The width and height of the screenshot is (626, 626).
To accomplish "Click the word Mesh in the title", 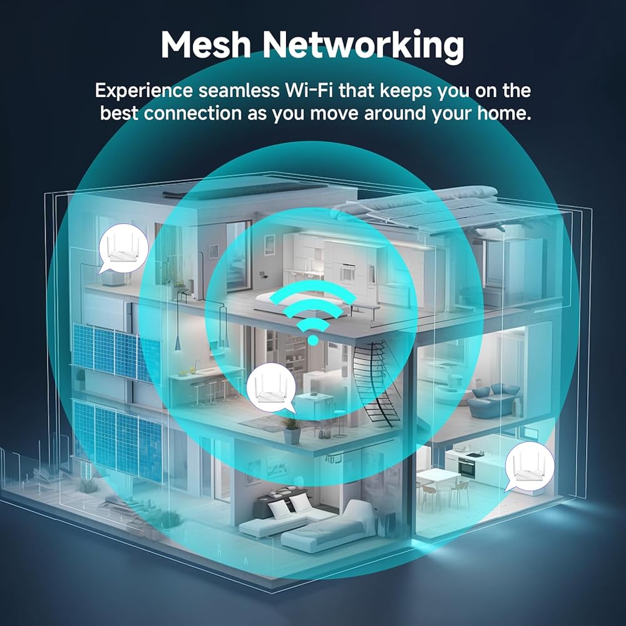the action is click(205, 44).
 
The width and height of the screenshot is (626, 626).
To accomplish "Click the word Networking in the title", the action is click(363, 46).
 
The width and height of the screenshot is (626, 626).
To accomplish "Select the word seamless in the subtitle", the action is click(239, 91).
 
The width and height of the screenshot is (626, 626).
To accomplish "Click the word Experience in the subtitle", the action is click(144, 91).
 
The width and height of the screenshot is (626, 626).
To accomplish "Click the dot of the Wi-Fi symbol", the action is click(313, 340).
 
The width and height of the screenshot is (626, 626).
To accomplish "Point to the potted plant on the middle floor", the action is click(292, 431).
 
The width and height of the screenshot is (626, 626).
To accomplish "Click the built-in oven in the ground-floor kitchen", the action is click(467, 467).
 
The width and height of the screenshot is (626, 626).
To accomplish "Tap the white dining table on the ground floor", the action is click(438, 478).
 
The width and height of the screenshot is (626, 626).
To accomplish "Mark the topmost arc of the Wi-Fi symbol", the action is click(312, 290).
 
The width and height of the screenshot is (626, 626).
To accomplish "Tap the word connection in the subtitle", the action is click(192, 113).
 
